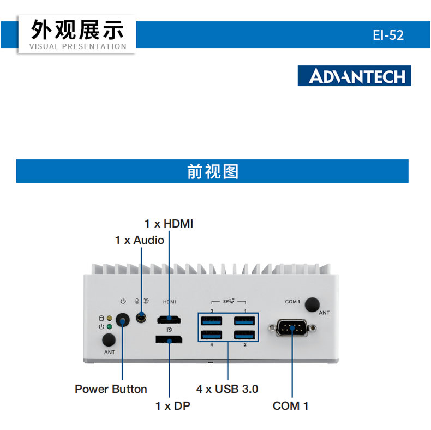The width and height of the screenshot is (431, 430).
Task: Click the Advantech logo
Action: click(354, 76)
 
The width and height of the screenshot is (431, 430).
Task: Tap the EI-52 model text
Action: click(388, 35)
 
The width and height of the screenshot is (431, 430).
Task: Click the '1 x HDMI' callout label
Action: click(169, 224)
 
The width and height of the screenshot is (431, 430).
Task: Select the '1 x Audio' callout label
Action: click(140, 240)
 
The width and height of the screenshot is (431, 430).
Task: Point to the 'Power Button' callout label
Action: click(111, 389)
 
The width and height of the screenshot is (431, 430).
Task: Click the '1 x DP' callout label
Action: click(173, 406)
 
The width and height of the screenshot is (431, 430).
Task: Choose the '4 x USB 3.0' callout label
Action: click(228, 389)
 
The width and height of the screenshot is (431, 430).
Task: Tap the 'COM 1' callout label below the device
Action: click(291, 406)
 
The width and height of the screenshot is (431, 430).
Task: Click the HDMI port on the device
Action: click(170, 319)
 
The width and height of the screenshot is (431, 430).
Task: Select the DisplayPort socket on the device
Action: click(169, 341)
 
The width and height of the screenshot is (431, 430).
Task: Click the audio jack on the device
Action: click(142, 317)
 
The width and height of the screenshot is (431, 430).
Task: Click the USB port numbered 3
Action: click(211, 320)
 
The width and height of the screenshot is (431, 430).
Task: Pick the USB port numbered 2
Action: click(245, 335)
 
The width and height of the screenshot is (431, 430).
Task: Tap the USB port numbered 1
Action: click(245, 320)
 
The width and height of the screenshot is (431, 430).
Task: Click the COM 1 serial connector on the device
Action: click(292, 328)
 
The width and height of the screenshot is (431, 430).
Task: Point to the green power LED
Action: click(110, 326)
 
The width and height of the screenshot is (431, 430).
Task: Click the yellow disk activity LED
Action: click(110, 318)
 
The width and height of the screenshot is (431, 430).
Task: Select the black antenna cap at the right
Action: click(313, 304)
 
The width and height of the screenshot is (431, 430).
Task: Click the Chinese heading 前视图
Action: click(213, 171)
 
